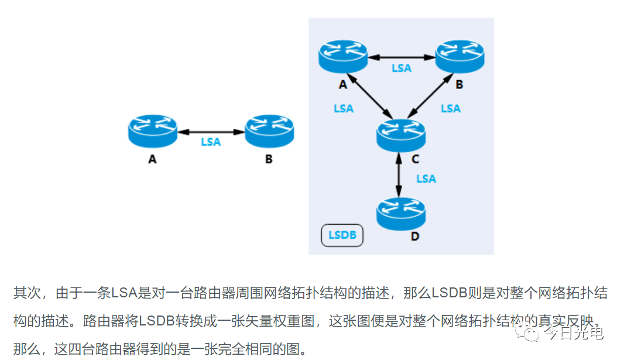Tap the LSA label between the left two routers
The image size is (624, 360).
point(211,142)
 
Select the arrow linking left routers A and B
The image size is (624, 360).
point(210,132)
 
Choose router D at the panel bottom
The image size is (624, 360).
point(401,214)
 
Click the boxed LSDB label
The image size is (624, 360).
point(342,235)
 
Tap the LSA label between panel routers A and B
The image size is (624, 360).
point(402,68)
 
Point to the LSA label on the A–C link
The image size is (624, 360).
point(344,108)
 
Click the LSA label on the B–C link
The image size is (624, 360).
point(451,108)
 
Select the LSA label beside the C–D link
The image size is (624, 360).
point(426,179)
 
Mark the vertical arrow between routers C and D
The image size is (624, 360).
point(399,174)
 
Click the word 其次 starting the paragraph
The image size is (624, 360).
point(26,293)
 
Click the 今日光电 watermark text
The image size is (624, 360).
point(574,333)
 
